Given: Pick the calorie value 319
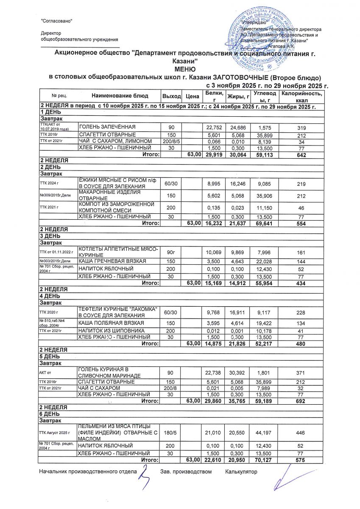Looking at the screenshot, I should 301,127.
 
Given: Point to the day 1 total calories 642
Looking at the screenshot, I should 301,155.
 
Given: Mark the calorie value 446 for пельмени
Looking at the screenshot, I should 301,432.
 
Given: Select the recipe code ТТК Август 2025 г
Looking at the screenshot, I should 56,432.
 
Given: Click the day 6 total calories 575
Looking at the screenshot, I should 301,459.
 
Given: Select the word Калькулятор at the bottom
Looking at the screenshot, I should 241,471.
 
